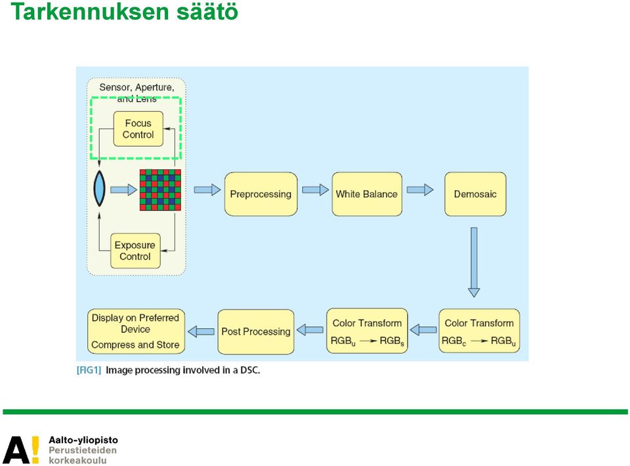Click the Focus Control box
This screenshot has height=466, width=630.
click(x=138, y=129)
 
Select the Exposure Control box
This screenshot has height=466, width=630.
click(x=135, y=251)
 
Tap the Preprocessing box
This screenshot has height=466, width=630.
click(x=261, y=194)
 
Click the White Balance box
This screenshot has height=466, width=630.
click(x=367, y=194)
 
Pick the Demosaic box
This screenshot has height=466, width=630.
click(x=475, y=194)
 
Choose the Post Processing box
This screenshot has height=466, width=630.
click(x=256, y=331)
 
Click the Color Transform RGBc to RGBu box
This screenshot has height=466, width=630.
click(x=479, y=331)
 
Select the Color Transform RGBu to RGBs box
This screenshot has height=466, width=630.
click(x=367, y=331)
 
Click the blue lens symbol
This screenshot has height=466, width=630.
click(x=99, y=188)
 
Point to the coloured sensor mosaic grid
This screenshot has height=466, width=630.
click(x=160, y=190)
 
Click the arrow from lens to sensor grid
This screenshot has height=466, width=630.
click(x=124, y=190)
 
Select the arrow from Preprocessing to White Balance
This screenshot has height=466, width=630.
click(x=316, y=190)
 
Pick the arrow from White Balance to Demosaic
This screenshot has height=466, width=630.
click(x=420, y=190)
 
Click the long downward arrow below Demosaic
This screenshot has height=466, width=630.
click(x=474, y=263)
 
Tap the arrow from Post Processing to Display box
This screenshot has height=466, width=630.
click(x=201, y=331)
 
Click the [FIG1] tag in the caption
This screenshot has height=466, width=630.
click(x=89, y=370)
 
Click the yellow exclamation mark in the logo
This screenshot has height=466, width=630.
click(x=35, y=450)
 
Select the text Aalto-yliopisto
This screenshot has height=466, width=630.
click(x=83, y=440)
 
